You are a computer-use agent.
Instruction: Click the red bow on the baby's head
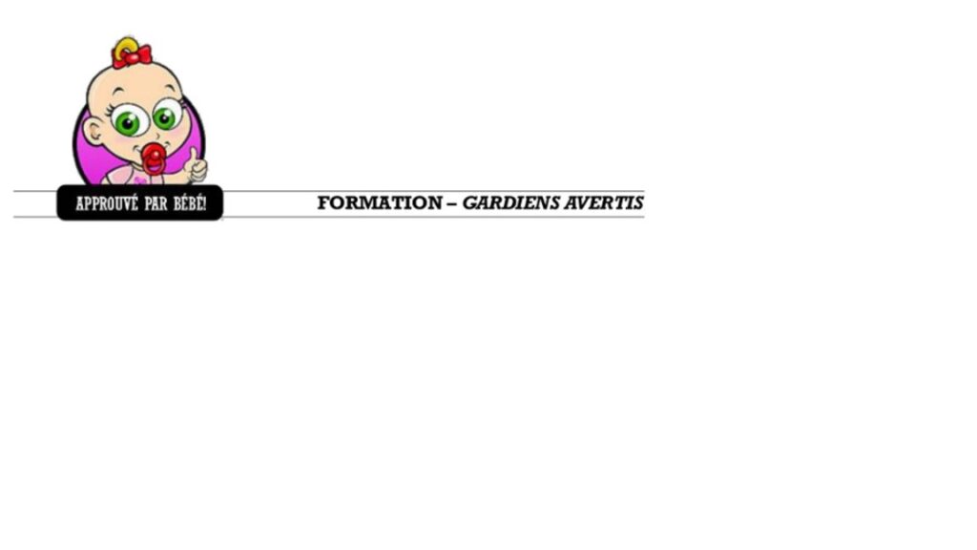tap(132, 56)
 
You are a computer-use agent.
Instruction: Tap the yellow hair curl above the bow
tap(127, 45)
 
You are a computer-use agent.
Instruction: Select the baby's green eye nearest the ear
tap(128, 122)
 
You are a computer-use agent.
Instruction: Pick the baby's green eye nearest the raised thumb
tap(165, 117)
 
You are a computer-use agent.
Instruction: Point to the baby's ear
tap(94, 132)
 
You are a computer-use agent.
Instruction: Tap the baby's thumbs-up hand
tap(197, 166)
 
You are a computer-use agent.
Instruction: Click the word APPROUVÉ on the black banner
tap(107, 204)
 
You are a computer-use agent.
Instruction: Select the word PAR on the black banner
tap(156, 204)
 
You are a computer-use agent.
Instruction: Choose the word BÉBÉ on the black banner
tap(187, 203)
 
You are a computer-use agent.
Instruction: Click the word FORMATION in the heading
tap(380, 202)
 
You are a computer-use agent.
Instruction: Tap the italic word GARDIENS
tap(511, 202)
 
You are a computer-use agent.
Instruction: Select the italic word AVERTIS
tap(604, 202)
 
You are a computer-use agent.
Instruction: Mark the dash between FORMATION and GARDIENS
tap(451, 203)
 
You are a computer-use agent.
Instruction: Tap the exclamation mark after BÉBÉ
tap(204, 203)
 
